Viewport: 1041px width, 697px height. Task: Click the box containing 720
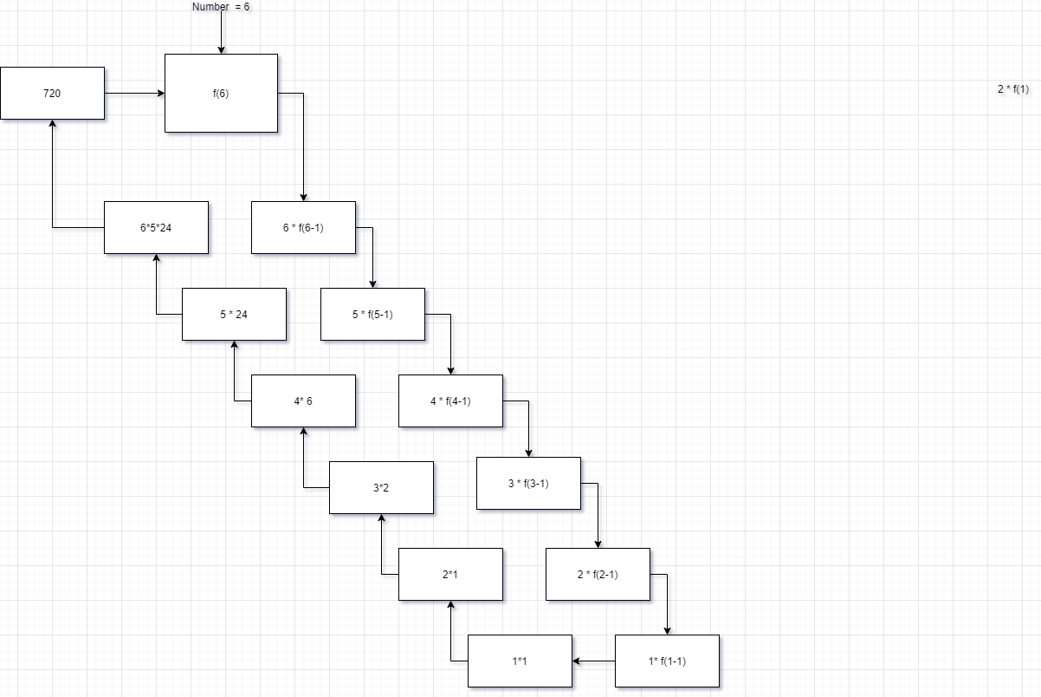pyautogui.click(x=52, y=93)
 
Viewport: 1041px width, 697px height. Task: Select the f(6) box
pyautogui.click(x=221, y=93)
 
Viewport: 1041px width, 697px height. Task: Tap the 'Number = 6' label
pyautogui.click(x=221, y=7)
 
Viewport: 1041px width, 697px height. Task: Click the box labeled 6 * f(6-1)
pyautogui.click(x=303, y=227)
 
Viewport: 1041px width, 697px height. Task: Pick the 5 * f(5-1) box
pyautogui.click(x=372, y=314)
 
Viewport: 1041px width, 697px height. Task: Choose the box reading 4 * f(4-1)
pyautogui.click(x=450, y=401)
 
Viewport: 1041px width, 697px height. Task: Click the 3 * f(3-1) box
pyautogui.click(x=528, y=483)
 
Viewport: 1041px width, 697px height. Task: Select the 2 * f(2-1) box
pyautogui.click(x=598, y=574)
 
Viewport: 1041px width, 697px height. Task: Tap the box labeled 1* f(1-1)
pyautogui.click(x=667, y=661)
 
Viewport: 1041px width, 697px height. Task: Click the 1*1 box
pyautogui.click(x=520, y=661)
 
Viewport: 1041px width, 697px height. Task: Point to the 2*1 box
pyautogui.click(x=450, y=574)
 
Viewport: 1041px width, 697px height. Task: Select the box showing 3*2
pyautogui.click(x=381, y=487)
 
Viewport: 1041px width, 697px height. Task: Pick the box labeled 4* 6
pyautogui.click(x=303, y=401)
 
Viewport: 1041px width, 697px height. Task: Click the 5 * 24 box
pyautogui.click(x=234, y=314)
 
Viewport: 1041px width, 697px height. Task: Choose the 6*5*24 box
pyautogui.click(x=156, y=227)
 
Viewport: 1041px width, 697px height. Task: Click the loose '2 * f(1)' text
pyautogui.click(x=1012, y=89)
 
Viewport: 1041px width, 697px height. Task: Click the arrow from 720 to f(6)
pyautogui.click(x=134, y=93)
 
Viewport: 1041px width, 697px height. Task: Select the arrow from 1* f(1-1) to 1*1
pyautogui.click(x=594, y=661)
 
